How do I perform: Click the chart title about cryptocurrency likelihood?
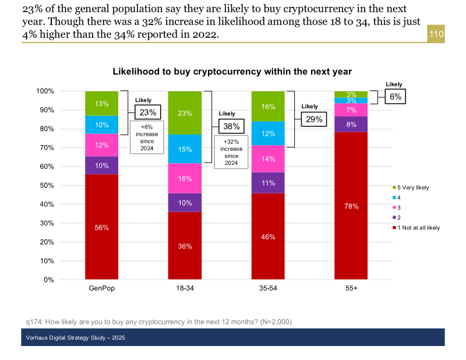pos(232,72)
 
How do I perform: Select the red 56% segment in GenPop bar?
pos(102,227)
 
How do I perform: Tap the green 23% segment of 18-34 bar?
pos(185,113)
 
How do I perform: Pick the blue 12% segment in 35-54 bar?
pos(268,133)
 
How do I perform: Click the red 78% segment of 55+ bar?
pos(351,206)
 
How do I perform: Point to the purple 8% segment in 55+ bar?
pos(351,124)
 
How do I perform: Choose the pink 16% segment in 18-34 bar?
pos(185,178)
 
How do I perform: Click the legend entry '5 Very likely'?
pos(413,188)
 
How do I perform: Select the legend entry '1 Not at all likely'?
pos(418,228)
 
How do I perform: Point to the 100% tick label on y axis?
pos(45,91)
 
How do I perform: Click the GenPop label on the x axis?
pos(101,289)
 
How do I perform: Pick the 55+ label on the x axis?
pos(351,289)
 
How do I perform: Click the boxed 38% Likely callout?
pos(231,126)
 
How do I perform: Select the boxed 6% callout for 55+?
pos(396,97)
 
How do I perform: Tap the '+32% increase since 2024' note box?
pos(231,152)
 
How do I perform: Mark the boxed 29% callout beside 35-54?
pos(315,119)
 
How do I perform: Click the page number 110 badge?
pos(436,34)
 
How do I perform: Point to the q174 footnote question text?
pos(159,322)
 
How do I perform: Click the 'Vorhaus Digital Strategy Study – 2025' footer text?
pos(76,338)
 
